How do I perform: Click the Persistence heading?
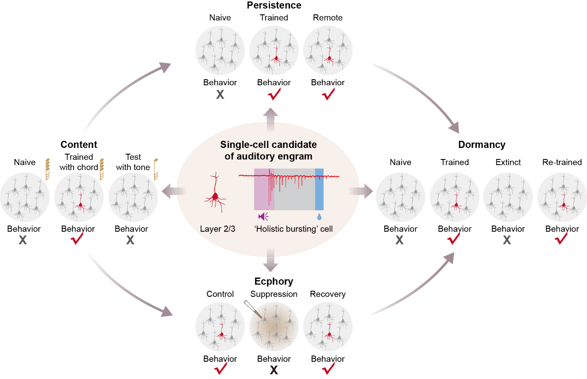(x=274, y=6)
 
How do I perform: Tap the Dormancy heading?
(x=481, y=145)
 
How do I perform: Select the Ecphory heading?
(x=273, y=281)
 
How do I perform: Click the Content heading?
(x=79, y=145)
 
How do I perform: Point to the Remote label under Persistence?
(x=328, y=17)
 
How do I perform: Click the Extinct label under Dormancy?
(x=508, y=162)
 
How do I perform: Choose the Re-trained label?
(x=562, y=162)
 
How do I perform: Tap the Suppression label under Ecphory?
(x=273, y=294)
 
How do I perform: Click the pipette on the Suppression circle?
(x=252, y=309)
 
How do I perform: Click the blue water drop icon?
(x=319, y=217)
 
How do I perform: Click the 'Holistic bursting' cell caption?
(x=293, y=229)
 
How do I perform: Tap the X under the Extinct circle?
(x=507, y=240)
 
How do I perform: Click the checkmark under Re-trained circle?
(x=561, y=239)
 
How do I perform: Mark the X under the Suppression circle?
(x=274, y=370)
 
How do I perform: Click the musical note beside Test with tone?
(x=156, y=169)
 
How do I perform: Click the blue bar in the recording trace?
(x=319, y=189)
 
